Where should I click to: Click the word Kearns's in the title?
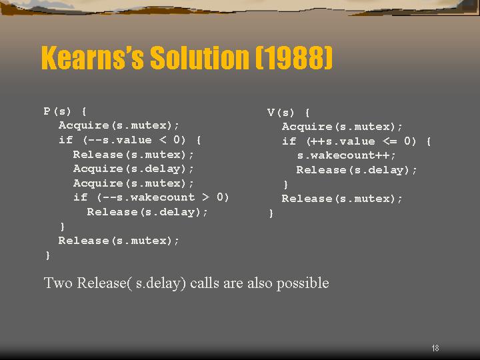tap(93, 57)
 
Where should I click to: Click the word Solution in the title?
tap(199, 57)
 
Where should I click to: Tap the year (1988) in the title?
tap(294, 57)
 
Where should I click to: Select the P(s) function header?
tap(65, 111)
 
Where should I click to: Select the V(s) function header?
tap(289, 113)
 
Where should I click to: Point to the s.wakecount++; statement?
tap(346, 155)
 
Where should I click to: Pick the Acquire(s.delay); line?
tap(133, 169)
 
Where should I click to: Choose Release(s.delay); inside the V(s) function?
tap(357, 170)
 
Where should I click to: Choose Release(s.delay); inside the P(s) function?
tap(147, 212)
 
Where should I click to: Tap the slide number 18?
tap(435, 348)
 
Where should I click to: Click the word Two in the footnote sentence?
tap(57, 283)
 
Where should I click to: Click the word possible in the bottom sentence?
tap(303, 283)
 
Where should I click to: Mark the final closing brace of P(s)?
tap(48, 255)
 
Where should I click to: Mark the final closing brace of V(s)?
tap(271, 213)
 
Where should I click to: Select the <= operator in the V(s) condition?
tap(390, 141)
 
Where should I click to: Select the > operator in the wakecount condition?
tap(206, 197)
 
